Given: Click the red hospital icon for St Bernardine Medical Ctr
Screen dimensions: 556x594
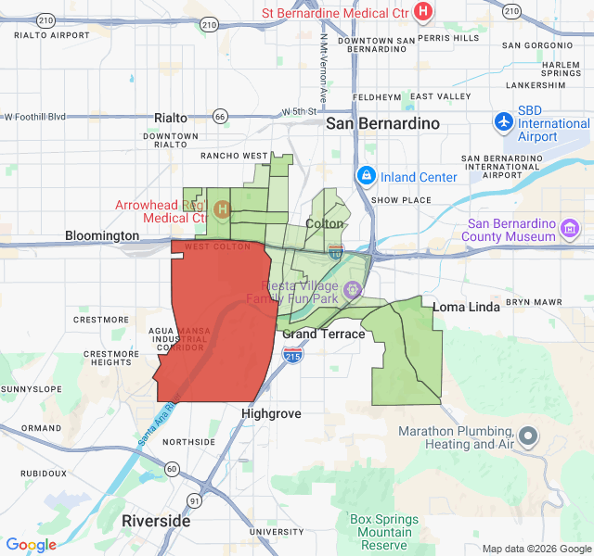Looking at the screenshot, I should click(x=423, y=11).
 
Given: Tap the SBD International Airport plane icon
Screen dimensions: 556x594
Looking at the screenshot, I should click(x=504, y=121).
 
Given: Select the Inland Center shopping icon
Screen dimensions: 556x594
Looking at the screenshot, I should click(x=367, y=176).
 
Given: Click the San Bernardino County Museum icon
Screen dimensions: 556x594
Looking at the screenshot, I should click(x=569, y=227).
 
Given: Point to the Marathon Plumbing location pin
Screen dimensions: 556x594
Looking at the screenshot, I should click(x=528, y=436).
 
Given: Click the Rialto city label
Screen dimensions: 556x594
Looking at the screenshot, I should click(x=171, y=118).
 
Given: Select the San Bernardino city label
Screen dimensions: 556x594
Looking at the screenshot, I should click(x=382, y=122).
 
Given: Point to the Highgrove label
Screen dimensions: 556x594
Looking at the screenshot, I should click(x=271, y=413).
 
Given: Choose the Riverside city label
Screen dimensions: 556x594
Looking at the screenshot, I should click(x=156, y=521).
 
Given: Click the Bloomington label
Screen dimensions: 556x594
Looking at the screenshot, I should click(x=102, y=236).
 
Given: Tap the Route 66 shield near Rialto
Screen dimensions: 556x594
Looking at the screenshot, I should click(x=220, y=117).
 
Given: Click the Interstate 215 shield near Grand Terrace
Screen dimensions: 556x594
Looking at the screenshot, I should click(x=292, y=355).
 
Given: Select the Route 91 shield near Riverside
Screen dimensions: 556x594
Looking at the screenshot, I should click(x=194, y=500).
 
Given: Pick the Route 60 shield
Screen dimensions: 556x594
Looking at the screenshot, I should click(x=173, y=470).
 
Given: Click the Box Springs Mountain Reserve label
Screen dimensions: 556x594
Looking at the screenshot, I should click(x=384, y=532).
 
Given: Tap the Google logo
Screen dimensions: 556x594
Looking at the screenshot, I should click(x=31, y=545).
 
